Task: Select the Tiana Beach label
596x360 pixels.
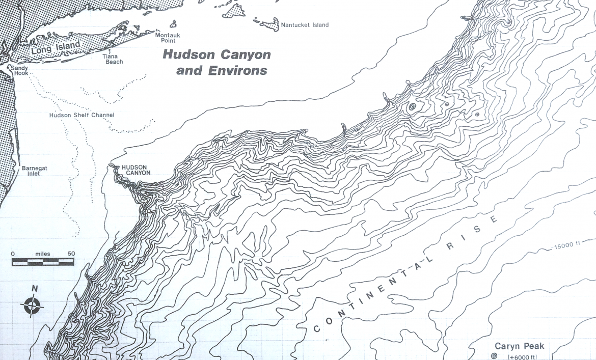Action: pyautogui.click(x=113, y=59)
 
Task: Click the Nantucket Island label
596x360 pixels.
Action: pyautogui.click(x=305, y=25)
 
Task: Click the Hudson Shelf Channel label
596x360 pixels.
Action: pyautogui.click(x=82, y=115)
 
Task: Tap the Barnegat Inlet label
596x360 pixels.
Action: pyautogui.click(x=31, y=171)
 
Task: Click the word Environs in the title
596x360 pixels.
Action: pyautogui.click(x=237, y=71)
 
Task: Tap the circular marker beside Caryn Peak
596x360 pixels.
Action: pyautogui.click(x=494, y=355)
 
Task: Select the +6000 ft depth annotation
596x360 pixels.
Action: pyautogui.click(x=522, y=356)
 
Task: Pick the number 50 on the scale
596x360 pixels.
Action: pyautogui.click(x=71, y=254)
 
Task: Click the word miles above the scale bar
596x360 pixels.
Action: pyautogui.click(x=42, y=254)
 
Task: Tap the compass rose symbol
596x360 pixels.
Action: pyautogui.click(x=32, y=306)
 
